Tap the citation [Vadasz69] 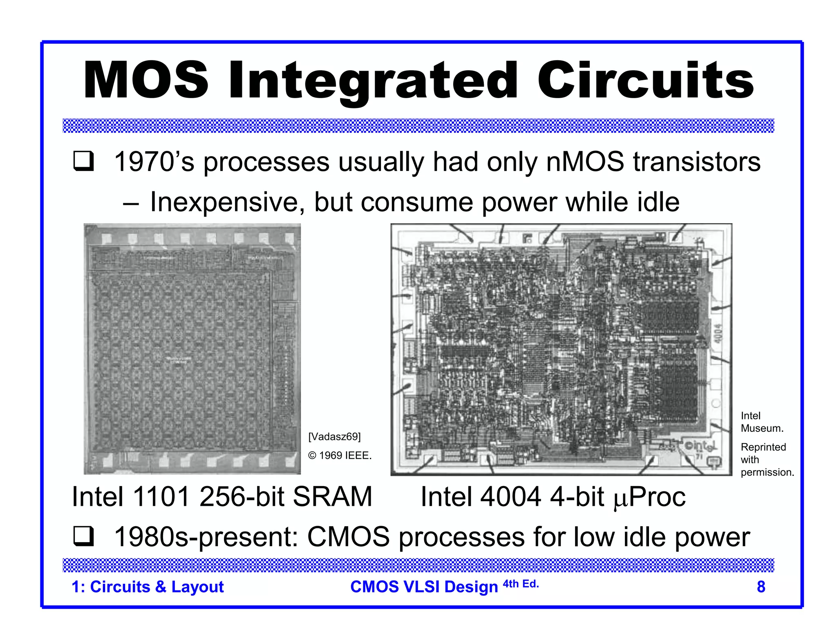point(334,437)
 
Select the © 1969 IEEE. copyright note point(340,455)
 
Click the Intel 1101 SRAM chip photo point(192,349)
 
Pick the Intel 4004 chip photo point(561,350)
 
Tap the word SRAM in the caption point(332,497)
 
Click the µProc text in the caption point(649,497)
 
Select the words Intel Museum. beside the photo point(761,422)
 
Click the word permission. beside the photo point(767,472)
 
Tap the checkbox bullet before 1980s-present point(83,536)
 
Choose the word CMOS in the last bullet point(348,537)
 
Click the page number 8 point(761,587)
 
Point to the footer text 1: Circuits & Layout point(148,587)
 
